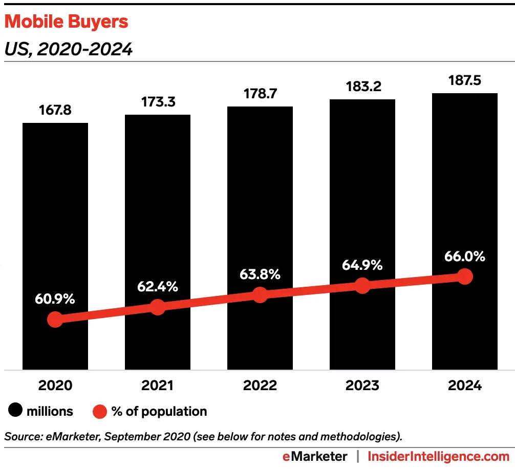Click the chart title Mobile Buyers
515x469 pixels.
point(66,22)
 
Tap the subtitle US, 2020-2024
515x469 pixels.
point(68,49)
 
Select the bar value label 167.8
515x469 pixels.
point(55,111)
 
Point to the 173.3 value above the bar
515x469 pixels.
point(158,102)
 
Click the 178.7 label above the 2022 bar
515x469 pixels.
point(260,94)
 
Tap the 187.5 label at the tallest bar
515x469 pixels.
point(465,80)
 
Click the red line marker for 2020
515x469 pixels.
point(55,319)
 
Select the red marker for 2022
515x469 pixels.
point(260,295)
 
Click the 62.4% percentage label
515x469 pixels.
point(158,287)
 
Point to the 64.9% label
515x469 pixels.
point(362,265)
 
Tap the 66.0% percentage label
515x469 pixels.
point(465,256)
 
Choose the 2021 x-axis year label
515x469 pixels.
point(158,386)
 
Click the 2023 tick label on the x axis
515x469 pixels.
point(362,386)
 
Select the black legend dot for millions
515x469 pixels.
point(14,411)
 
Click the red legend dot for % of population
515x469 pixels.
point(99,411)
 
